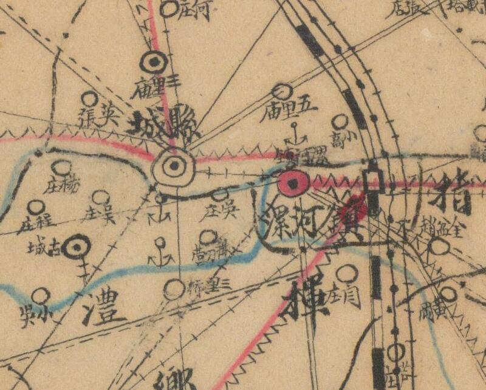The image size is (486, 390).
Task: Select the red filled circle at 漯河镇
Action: (294, 182)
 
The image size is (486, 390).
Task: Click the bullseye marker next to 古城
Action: (78, 246)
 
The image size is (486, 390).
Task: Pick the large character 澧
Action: (100, 307)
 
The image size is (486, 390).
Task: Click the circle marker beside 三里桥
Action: (174, 289)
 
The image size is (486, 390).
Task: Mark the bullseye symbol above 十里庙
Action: (154, 63)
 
